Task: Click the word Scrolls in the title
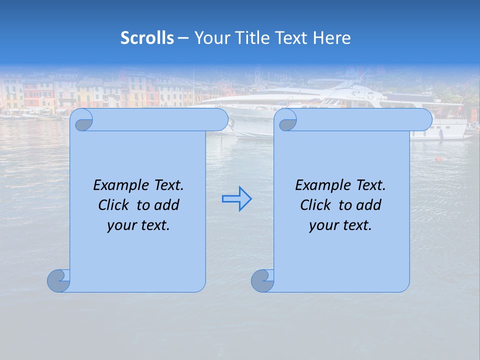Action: [147, 38]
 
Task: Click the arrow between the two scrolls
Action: [236, 199]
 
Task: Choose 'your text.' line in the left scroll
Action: [138, 225]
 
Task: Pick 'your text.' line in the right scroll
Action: [340, 225]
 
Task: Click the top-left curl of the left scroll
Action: [81, 120]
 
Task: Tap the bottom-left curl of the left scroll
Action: [58, 280]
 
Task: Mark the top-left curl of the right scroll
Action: [286, 120]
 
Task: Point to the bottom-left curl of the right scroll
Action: [262, 280]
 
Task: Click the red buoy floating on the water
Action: [438, 159]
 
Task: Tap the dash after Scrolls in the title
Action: [183, 38]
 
